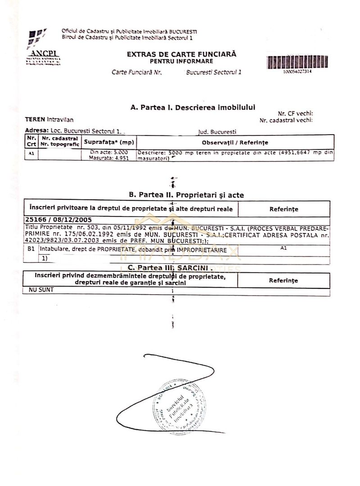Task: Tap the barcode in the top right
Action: point(297,62)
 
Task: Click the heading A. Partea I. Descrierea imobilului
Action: point(193,108)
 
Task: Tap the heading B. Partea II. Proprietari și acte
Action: point(186,195)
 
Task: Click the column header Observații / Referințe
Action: point(235,142)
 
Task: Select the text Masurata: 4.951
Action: point(105,158)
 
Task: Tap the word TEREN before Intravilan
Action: point(35,119)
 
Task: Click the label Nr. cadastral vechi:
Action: point(286,120)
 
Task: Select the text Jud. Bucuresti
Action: point(217,132)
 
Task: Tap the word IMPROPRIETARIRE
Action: point(201,249)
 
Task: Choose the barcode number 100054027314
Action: point(297,72)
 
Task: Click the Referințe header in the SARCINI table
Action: point(283,280)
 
